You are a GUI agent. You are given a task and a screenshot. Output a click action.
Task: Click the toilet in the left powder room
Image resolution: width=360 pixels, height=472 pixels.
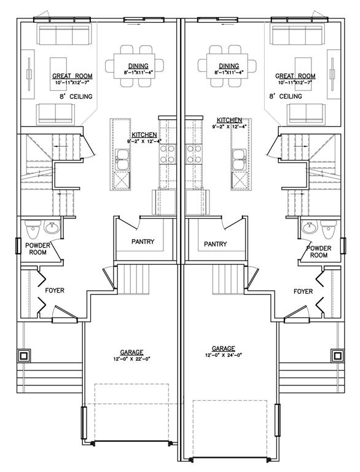pos(33,229)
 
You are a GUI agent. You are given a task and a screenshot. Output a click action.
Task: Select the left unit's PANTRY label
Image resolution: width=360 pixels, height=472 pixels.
pos(143,242)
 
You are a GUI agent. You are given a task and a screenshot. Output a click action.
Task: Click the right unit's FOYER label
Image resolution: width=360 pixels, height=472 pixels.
pos(303,291)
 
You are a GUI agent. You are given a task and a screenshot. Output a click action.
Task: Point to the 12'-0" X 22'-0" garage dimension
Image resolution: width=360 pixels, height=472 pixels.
pos(131,358)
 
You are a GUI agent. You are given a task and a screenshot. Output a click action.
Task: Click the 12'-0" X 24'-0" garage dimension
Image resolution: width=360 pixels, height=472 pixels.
pos(223,355)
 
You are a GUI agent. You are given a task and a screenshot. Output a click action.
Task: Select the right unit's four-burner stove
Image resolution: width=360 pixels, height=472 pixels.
pos(194,154)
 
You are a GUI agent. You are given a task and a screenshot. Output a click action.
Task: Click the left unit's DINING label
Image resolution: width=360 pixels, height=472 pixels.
pos(138,66)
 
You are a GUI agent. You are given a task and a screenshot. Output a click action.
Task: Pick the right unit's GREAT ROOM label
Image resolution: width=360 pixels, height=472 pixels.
pos(295,76)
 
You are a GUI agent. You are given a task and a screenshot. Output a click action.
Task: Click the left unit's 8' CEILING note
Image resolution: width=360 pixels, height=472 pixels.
pos(76,96)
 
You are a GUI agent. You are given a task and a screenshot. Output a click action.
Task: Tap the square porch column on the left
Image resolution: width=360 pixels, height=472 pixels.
pos(23,356)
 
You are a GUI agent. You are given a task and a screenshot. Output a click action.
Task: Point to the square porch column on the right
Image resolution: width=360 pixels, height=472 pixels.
pos(337,355)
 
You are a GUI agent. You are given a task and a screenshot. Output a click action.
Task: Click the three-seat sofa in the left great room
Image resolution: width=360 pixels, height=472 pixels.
pos(65,35)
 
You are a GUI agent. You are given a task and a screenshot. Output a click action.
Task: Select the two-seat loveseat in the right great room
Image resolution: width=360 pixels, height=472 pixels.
pos(306,114)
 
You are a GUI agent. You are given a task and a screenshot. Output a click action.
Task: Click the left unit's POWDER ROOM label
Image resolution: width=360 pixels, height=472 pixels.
pos(37,249)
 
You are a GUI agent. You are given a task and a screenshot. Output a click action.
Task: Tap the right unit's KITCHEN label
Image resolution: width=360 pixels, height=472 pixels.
pos(229,120)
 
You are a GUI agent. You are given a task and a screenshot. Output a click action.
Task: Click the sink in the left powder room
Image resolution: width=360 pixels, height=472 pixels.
pos(52,227)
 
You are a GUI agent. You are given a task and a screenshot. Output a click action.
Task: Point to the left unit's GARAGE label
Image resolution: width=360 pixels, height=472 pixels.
pos(131,352)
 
